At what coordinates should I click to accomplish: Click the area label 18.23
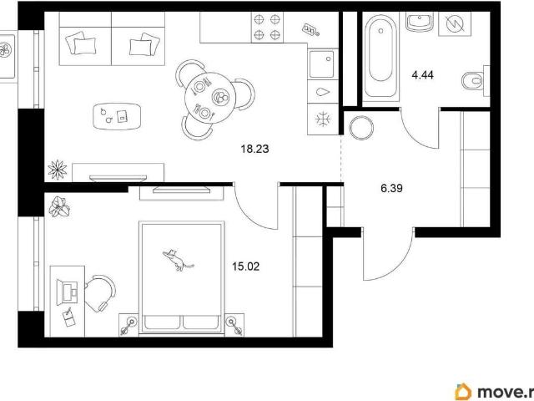[254, 149]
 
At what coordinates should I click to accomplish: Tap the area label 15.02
[245, 266]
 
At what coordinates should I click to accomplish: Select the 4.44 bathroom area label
[422, 74]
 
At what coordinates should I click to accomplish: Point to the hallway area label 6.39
[391, 188]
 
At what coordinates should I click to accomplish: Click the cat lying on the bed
[178, 260]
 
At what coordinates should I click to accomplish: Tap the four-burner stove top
[267, 28]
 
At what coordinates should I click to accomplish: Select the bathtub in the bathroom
[380, 57]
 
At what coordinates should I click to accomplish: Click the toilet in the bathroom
[472, 81]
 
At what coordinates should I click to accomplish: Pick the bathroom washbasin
[420, 21]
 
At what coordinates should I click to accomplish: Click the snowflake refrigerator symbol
[323, 119]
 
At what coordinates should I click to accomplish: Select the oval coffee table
[117, 116]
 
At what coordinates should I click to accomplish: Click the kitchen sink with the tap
[322, 64]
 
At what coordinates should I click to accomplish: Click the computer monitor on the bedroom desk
[67, 292]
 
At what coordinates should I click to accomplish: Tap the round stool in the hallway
[361, 128]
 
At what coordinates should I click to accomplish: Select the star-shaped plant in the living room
[58, 170]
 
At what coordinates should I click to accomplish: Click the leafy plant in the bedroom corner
[59, 206]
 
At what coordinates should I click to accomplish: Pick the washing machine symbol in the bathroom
[455, 24]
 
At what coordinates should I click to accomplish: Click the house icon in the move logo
[464, 392]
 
